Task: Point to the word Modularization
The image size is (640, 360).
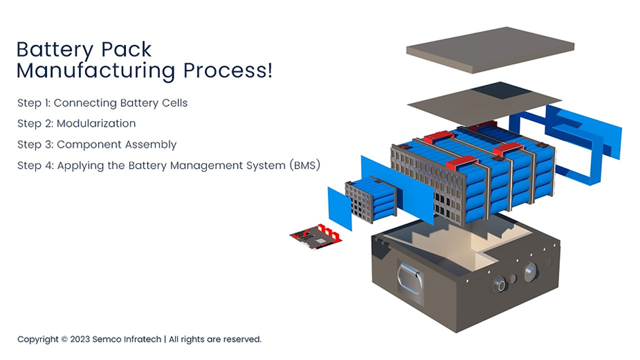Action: tap(96, 124)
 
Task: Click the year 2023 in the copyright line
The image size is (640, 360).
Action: tap(80, 339)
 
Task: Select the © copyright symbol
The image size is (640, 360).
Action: tap(64, 339)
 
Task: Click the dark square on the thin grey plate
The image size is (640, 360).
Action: tap(502, 91)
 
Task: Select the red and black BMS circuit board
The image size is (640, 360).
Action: tap(315, 235)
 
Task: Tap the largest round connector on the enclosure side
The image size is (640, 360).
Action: tap(529, 273)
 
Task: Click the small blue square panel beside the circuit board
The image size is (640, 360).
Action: tap(340, 208)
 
